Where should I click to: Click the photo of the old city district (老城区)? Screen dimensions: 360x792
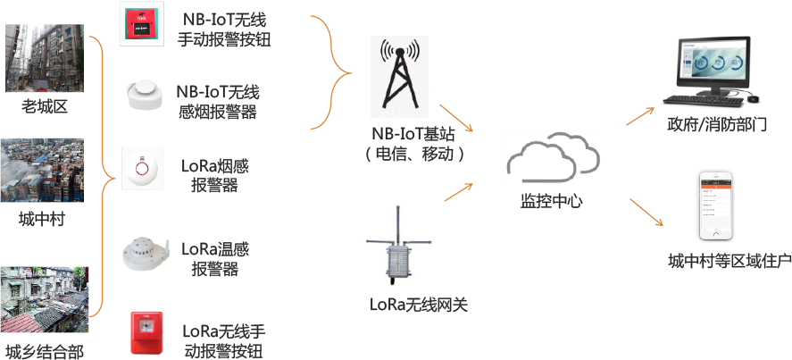pos(44,57)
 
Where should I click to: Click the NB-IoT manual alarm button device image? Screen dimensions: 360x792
pos(143,25)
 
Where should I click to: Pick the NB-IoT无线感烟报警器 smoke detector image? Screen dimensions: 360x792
pos(144,96)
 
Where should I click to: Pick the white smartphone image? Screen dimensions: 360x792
pos(719,206)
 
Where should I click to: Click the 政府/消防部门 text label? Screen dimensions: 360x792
pos(717,126)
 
